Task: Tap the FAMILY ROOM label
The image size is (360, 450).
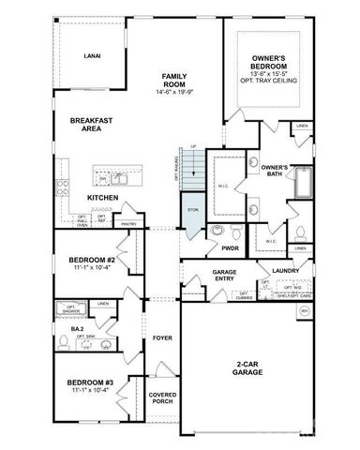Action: pos(175,81)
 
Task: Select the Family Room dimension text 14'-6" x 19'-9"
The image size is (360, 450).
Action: pos(175,92)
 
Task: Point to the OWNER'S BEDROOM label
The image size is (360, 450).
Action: pos(275,64)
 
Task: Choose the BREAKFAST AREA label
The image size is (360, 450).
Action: pos(91,125)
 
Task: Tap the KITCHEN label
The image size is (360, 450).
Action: pos(102,198)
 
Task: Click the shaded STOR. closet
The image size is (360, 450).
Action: pos(192,210)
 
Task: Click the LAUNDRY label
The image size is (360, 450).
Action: pos(284,270)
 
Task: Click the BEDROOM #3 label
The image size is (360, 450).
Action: pos(90,384)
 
